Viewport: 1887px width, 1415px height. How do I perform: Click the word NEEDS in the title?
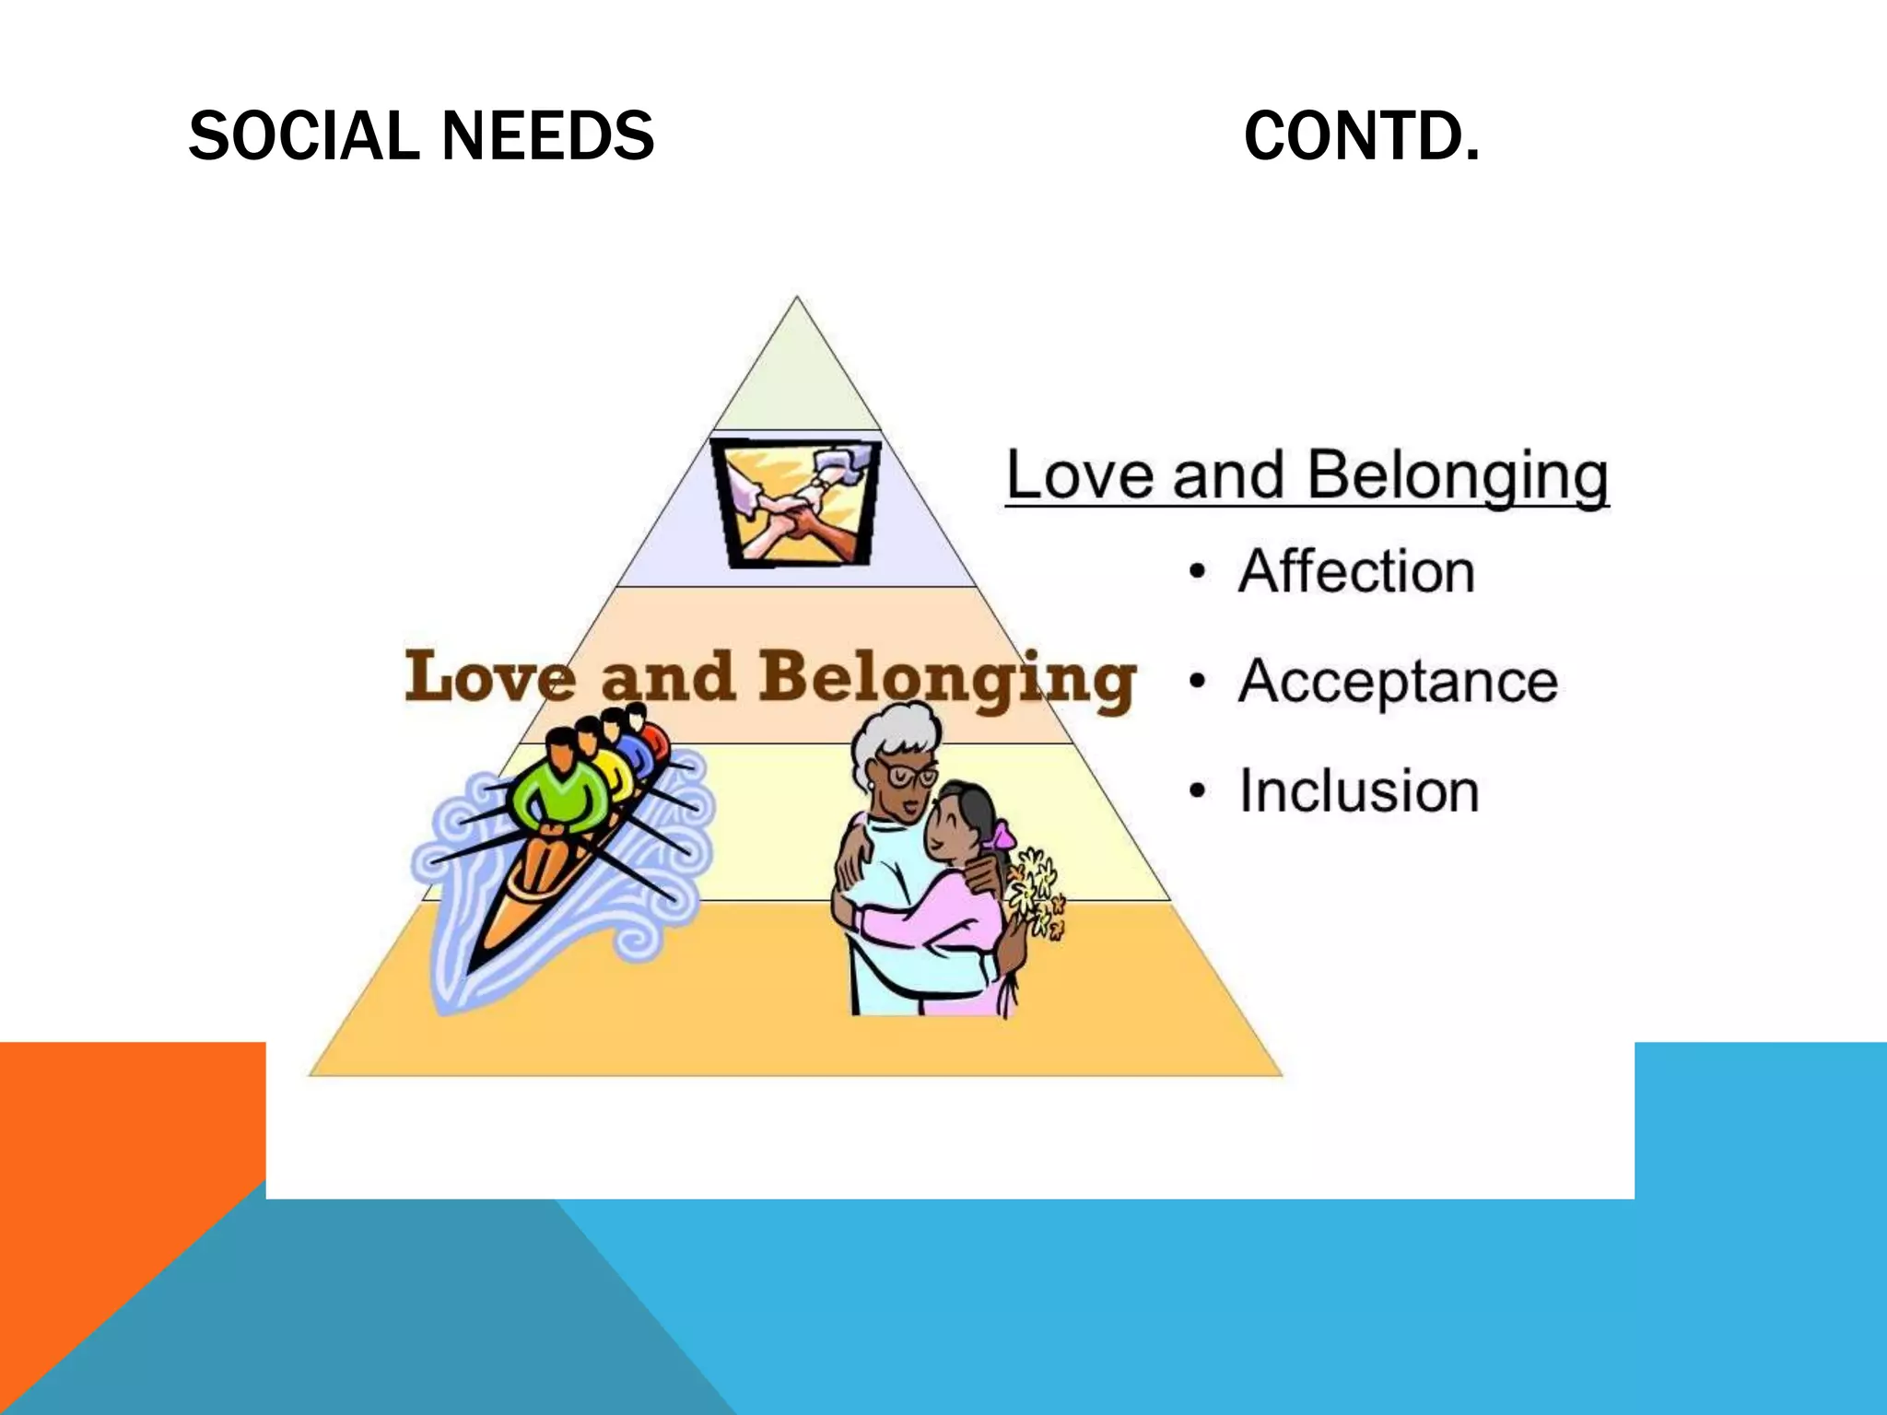point(547,136)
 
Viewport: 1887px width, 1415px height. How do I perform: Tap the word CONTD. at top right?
point(1361,136)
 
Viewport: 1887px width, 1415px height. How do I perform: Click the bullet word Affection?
point(1355,571)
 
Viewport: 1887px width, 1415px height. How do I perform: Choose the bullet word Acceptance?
point(1397,682)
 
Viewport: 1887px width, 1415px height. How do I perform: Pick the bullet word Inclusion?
point(1358,790)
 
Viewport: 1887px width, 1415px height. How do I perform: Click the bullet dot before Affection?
point(1197,572)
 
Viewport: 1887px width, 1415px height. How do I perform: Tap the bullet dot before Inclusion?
point(1197,791)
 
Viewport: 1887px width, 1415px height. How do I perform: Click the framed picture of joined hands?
point(796,503)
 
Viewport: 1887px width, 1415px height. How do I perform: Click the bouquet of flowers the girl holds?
point(1037,894)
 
